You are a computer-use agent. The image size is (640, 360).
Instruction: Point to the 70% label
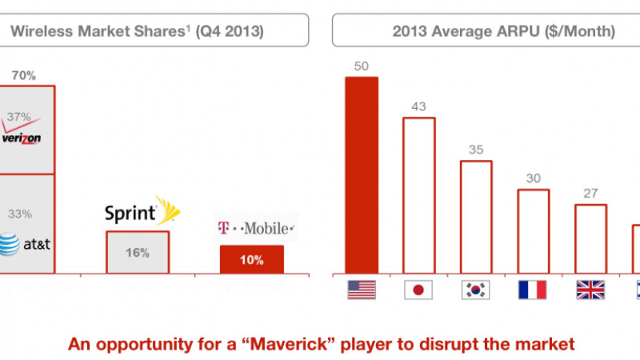tap(23, 76)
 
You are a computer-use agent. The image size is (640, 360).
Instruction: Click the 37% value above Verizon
tap(18, 116)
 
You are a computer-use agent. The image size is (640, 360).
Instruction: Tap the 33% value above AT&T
tap(18, 214)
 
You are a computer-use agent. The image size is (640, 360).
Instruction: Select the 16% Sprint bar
tap(137, 252)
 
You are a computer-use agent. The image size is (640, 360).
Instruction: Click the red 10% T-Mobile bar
tap(251, 258)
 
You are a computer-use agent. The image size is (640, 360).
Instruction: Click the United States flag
tap(362, 290)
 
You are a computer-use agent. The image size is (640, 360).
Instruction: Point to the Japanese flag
tap(418, 290)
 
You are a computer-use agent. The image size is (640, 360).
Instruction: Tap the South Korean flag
tap(475, 290)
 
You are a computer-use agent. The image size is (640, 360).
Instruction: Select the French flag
tap(533, 290)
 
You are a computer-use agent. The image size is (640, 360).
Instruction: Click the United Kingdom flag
tap(590, 290)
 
